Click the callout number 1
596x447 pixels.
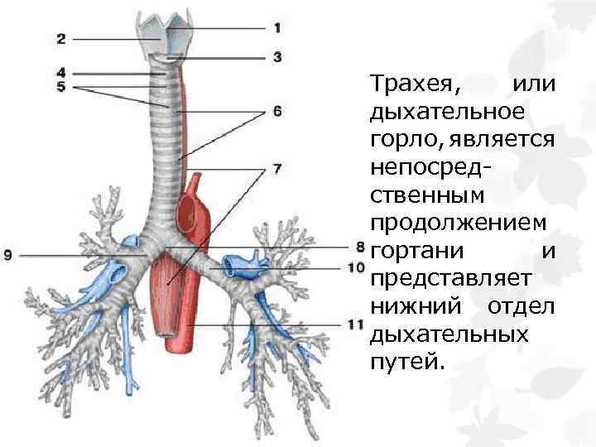277,28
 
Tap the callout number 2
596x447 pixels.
62,37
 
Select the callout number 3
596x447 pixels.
277,57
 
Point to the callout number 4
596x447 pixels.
62,73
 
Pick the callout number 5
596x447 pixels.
62,87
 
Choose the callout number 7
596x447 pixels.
277,168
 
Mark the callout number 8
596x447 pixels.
359,246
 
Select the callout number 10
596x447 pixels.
357,267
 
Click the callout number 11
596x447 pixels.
357,324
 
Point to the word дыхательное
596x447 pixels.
447,112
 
